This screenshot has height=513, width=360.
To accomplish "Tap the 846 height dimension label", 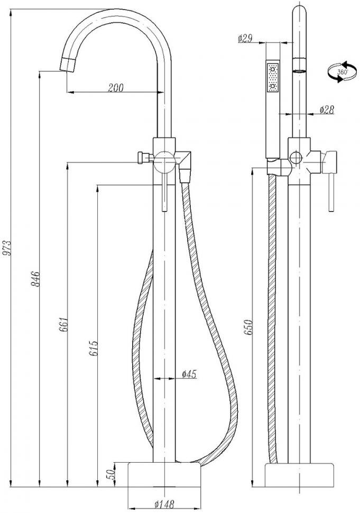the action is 35,279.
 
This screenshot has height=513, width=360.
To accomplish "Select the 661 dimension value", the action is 64,324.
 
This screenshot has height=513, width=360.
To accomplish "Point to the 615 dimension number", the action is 94,349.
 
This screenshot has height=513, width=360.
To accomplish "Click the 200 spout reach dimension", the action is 116,88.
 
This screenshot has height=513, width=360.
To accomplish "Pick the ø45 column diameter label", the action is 190,374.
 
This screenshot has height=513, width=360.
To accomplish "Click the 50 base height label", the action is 112,474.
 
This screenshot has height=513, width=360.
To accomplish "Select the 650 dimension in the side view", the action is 248,327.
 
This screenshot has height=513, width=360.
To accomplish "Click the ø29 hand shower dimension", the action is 245,39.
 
